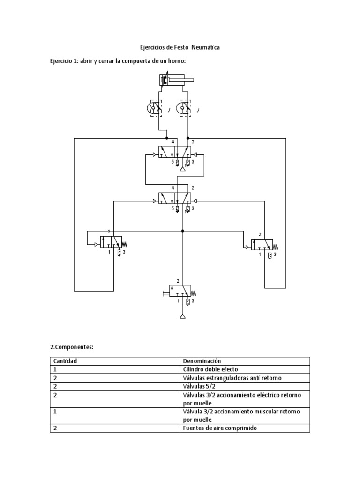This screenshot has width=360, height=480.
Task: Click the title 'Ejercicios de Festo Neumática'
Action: [x=180, y=47]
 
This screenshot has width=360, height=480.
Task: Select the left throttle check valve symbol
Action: [x=159, y=108]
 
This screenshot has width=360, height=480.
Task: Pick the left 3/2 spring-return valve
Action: [x=111, y=242]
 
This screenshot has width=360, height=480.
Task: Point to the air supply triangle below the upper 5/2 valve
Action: [x=183, y=174]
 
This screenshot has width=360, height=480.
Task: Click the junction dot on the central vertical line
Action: [x=183, y=231]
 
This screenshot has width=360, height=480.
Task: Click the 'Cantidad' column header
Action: [x=65, y=361]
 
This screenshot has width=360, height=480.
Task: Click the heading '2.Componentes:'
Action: [x=72, y=347]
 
